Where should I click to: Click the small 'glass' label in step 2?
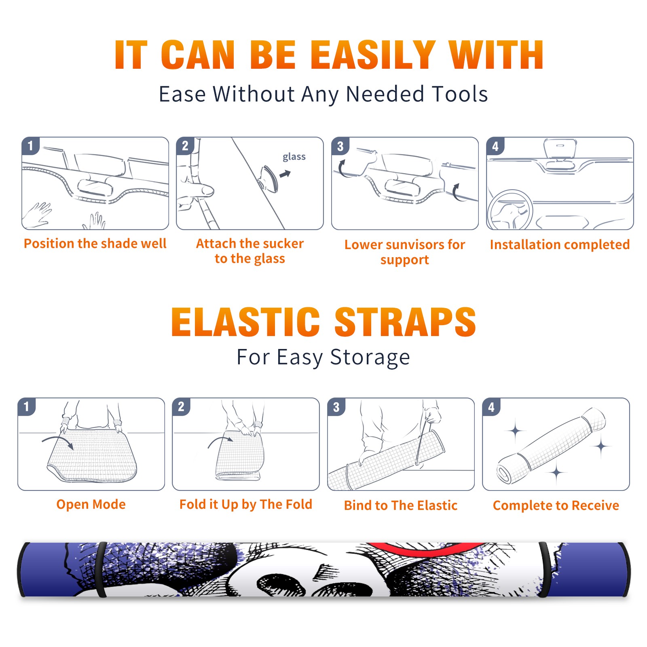pyautogui.click(x=294, y=157)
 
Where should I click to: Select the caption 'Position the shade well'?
pyautogui.click(x=95, y=243)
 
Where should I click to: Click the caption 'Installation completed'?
pyautogui.click(x=560, y=244)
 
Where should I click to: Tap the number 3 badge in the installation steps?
pyautogui.click(x=340, y=146)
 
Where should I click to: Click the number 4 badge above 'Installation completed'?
pyautogui.click(x=495, y=146)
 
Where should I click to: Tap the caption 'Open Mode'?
pyautogui.click(x=91, y=504)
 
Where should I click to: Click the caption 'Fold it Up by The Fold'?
pyautogui.click(x=246, y=504)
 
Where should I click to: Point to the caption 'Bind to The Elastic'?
pyautogui.click(x=401, y=505)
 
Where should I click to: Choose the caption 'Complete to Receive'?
pyautogui.click(x=556, y=505)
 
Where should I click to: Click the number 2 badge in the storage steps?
pyautogui.click(x=181, y=407)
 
